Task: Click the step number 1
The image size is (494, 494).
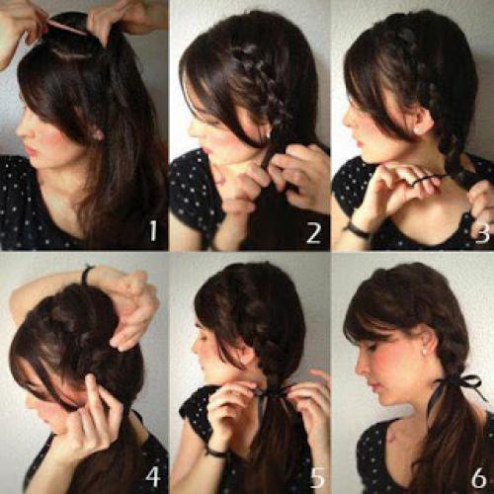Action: pos(153,230)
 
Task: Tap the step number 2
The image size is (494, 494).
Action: pos(313,233)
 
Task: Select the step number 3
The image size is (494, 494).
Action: pos(482,233)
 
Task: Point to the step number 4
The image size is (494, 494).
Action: pos(153,476)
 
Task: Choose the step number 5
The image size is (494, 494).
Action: pos(318,476)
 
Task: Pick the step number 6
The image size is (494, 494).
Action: pos(479,476)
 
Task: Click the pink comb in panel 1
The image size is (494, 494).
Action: pos(66,27)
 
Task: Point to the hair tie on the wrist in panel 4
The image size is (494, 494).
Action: pos(86,275)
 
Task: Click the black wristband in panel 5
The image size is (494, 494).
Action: pos(216,453)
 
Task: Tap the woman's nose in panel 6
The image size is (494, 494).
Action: pos(362,369)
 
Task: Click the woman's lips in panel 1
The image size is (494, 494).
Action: pos(32,150)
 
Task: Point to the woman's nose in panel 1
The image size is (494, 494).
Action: pos(23,130)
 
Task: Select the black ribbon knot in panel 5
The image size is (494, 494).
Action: pos(271,392)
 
